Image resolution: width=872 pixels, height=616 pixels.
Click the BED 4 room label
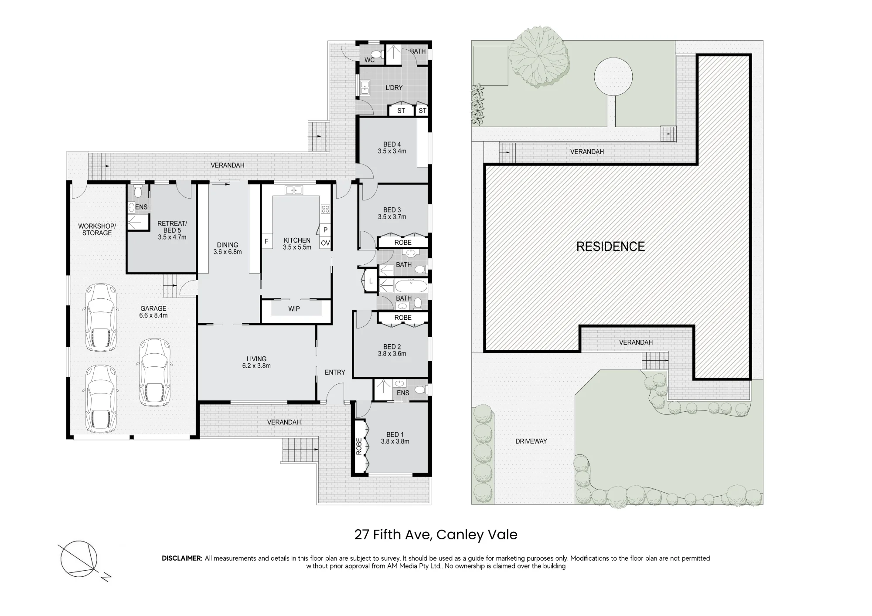point(392,144)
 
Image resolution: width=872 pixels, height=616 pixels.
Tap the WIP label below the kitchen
point(294,309)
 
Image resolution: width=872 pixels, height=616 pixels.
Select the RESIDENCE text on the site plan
point(610,247)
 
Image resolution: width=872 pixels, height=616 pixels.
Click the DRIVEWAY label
point(531,441)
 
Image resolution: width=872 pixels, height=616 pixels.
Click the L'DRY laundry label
point(394,88)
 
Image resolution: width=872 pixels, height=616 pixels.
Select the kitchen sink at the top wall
point(294,190)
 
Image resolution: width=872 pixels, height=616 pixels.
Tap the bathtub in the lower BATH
point(412,286)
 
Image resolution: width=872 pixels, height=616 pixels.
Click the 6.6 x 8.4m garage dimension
point(153,315)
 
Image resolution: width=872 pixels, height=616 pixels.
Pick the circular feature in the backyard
point(613,77)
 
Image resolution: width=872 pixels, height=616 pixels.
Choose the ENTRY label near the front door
point(335,372)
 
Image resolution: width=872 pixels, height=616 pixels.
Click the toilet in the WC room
point(378,54)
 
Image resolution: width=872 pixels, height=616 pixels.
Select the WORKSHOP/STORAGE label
point(97,230)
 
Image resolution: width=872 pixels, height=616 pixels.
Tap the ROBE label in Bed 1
point(359,447)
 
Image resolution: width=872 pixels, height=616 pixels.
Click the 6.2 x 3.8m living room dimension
point(256,366)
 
